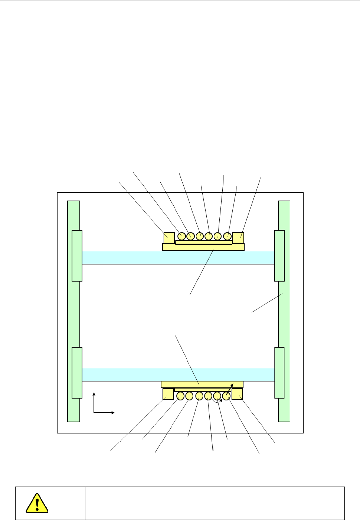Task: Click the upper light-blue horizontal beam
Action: (x=178, y=257)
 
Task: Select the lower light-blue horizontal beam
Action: (x=178, y=374)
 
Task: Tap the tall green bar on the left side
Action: (x=74, y=311)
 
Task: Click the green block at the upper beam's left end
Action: (x=77, y=256)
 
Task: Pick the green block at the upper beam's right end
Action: (x=279, y=256)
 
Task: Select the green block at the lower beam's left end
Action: (x=77, y=373)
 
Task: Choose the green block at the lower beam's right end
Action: (x=279, y=373)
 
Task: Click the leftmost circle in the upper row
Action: (x=182, y=236)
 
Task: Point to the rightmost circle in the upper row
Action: (x=227, y=236)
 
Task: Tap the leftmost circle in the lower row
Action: (x=180, y=396)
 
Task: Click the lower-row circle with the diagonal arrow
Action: (x=226, y=396)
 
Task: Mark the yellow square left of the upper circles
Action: (x=169, y=238)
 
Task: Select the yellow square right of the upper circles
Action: (x=238, y=238)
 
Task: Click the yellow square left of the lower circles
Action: (x=168, y=394)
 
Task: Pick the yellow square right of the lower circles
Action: (x=237, y=394)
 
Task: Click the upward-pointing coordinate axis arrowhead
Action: (x=94, y=394)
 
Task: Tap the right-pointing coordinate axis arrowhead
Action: (x=113, y=412)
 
